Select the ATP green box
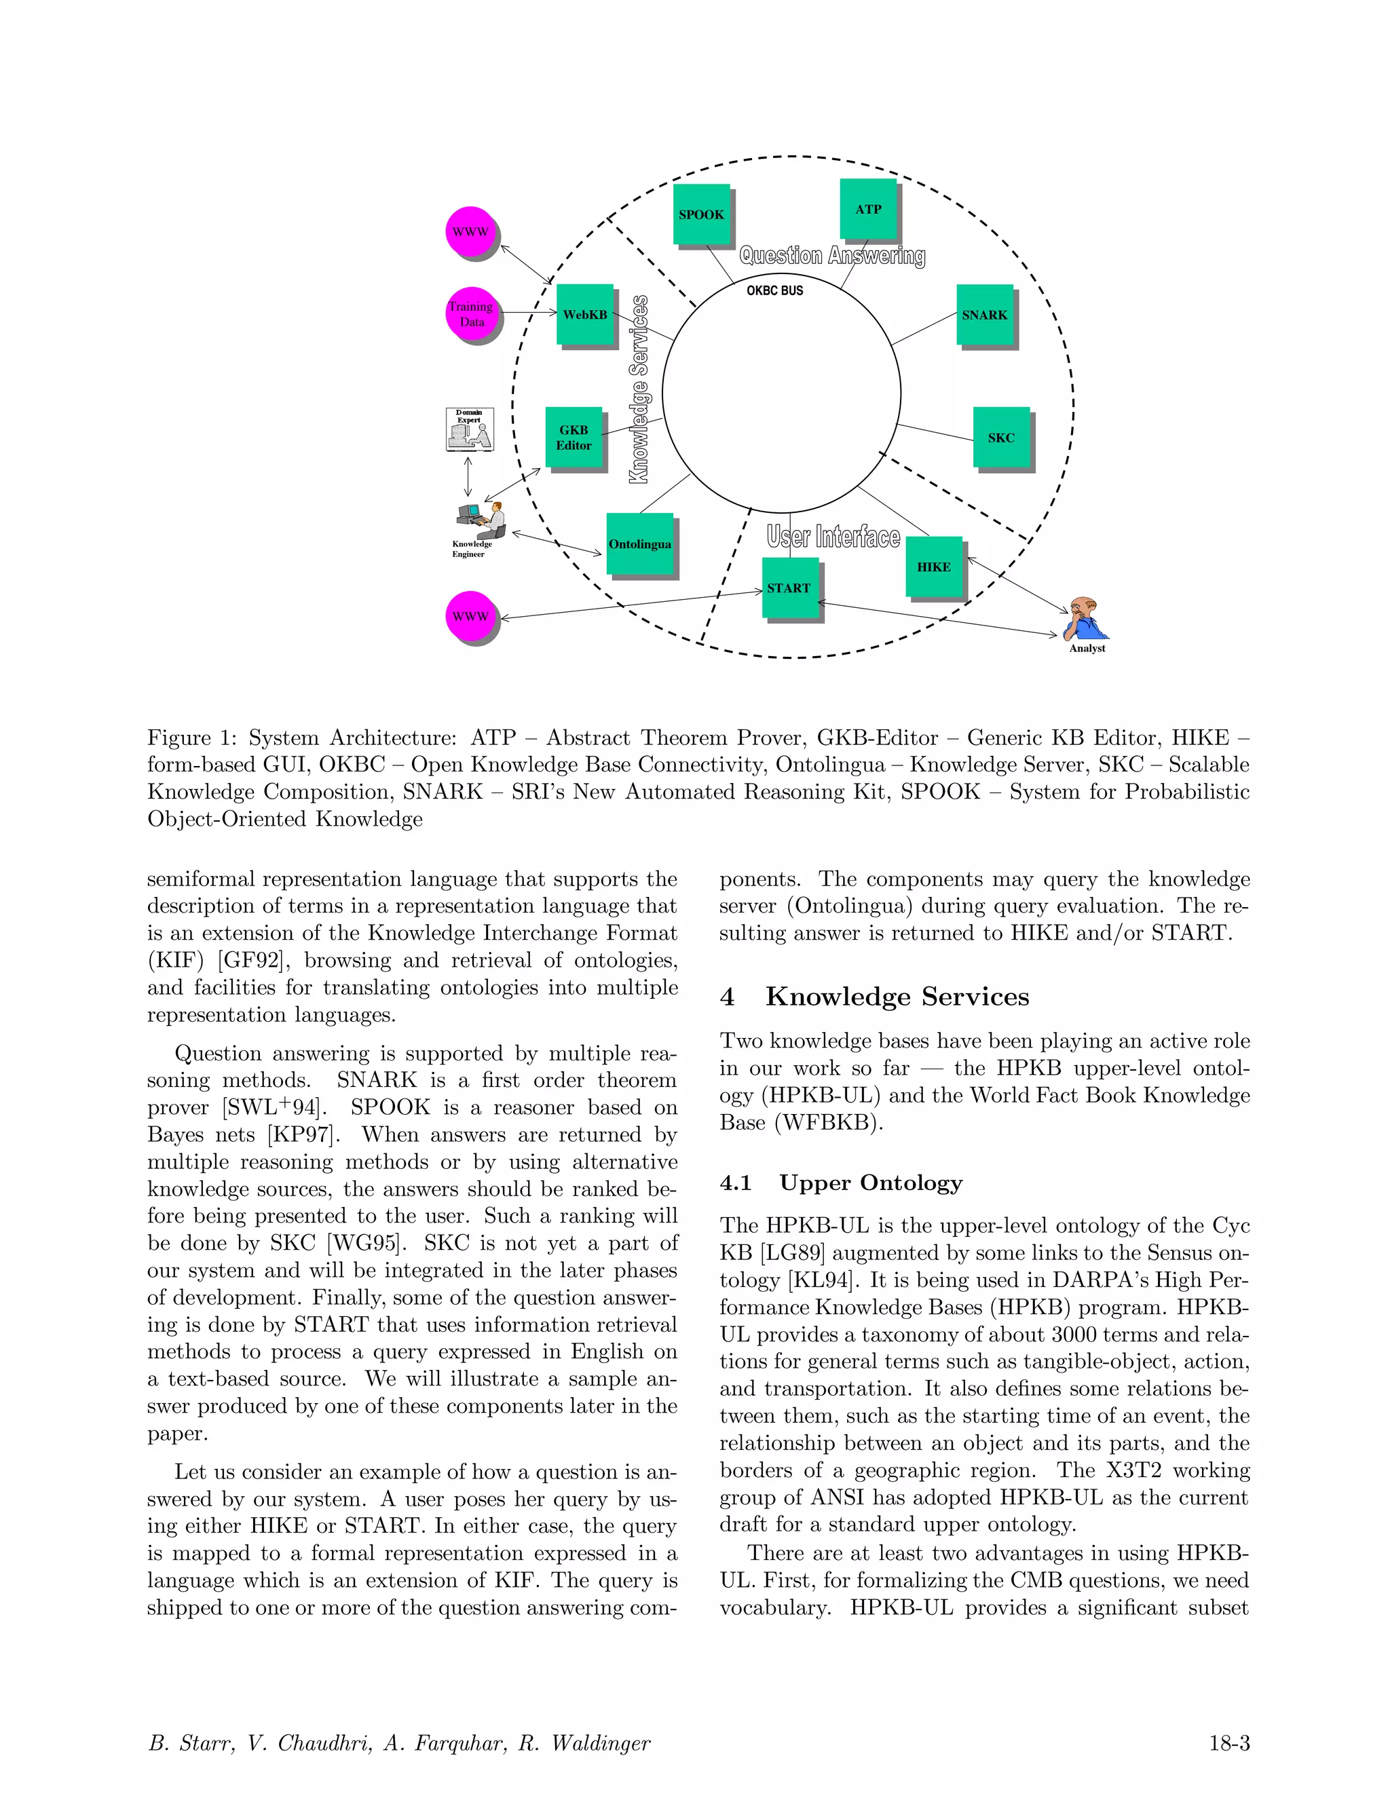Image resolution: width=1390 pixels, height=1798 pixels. point(868,209)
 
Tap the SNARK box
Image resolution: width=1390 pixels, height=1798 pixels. point(984,315)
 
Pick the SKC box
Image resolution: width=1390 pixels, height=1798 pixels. point(1000,438)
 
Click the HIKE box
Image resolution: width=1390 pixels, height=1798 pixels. point(934,567)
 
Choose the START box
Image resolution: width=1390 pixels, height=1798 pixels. point(789,588)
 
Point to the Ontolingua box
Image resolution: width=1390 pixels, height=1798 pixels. point(640,544)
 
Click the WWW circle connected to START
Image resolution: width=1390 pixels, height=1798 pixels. point(470,616)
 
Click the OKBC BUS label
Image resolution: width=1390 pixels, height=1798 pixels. point(774,290)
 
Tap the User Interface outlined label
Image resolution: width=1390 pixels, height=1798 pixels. point(833,537)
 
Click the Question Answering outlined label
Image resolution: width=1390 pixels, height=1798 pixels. point(831,256)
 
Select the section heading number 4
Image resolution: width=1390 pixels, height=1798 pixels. point(727,997)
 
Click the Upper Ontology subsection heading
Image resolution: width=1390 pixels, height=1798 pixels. point(870,1183)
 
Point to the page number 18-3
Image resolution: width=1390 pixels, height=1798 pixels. point(1228,1743)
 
